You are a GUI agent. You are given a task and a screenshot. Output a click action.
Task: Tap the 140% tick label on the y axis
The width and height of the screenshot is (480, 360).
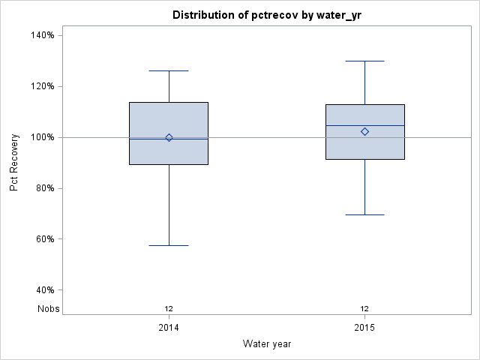pos(41,35)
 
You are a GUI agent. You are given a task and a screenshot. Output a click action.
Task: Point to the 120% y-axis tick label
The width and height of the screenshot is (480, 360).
pos(41,86)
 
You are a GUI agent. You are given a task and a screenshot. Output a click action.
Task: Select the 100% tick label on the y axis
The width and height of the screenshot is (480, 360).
pos(41,137)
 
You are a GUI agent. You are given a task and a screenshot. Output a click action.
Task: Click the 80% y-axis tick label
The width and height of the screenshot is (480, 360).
pos(43,188)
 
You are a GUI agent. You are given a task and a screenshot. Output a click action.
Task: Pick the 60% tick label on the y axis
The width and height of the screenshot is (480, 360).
pos(43,239)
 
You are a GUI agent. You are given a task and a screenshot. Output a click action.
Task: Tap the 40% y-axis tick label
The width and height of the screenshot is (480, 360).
pos(43,290)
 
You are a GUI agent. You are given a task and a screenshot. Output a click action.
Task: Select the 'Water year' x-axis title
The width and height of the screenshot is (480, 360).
pos(267,343)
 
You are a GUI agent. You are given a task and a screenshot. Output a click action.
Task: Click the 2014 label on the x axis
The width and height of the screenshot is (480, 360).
pos(169,328)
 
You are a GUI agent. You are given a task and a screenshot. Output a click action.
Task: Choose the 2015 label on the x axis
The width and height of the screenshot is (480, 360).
pos(364,328)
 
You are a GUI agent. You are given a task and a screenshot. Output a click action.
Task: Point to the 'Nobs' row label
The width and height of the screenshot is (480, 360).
pos(49,308)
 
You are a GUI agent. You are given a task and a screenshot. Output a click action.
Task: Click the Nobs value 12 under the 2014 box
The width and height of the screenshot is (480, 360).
pos(169,308)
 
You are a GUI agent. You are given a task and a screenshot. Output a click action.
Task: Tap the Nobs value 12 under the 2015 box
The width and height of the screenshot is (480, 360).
pos(364,308)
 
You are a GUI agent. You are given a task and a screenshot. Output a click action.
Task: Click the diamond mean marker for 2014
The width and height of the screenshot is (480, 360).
pos(169,137)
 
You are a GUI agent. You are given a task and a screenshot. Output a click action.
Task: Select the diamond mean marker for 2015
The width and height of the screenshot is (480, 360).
pos(364,131)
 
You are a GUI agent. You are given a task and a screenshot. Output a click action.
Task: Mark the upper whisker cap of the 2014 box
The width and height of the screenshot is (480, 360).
pos(169,70)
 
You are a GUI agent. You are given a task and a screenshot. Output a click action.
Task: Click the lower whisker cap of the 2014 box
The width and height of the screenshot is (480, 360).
pos(169,245)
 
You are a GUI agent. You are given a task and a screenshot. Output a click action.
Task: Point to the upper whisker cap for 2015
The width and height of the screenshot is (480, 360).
pos(364,61)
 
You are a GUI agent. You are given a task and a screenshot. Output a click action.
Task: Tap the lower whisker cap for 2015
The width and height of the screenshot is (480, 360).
pos(364,214)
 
